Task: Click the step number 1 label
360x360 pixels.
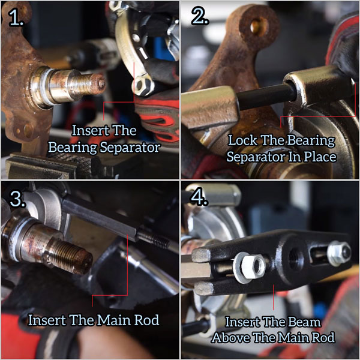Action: [x=16, y=17]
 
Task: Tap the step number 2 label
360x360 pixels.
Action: [x=200, y=17]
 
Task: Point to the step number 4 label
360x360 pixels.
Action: [x=200, y=197]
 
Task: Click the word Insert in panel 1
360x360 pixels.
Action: [x=88, y=130]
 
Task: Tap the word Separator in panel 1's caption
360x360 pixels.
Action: [x=130, y=148]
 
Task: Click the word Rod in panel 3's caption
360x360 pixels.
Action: [x=147, y=320]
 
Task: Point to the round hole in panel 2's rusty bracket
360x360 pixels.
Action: [x=259, y=26]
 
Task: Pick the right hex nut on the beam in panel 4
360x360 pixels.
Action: [x=339, y=253]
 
